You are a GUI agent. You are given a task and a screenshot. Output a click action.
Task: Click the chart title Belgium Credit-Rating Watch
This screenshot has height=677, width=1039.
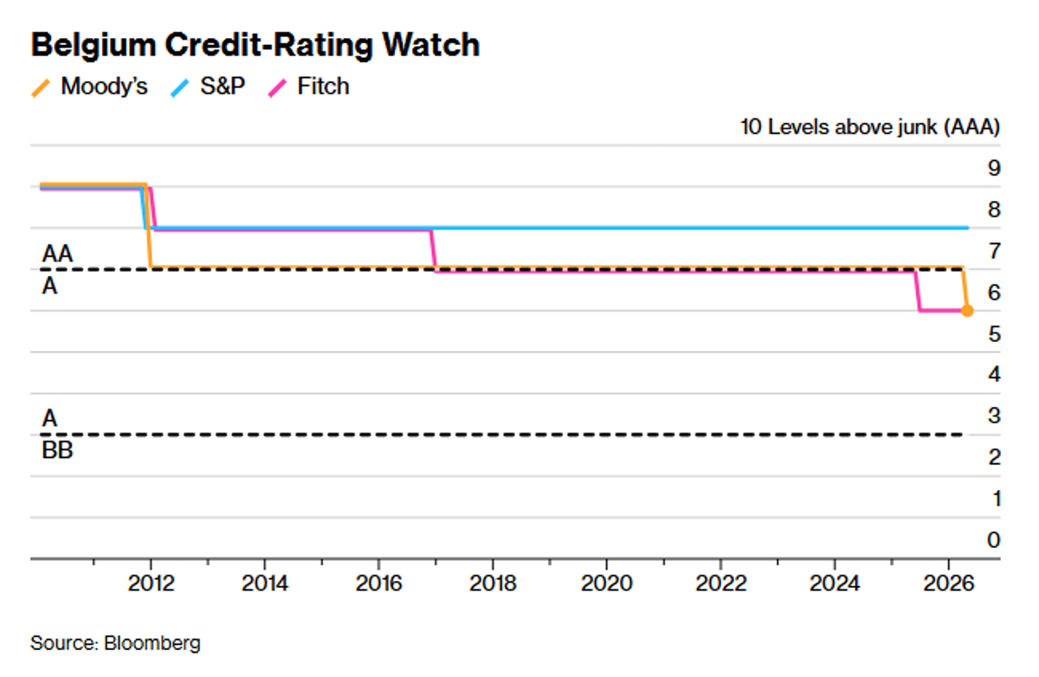point(255,45)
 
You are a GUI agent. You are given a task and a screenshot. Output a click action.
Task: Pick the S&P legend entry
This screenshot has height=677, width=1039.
point(210,87)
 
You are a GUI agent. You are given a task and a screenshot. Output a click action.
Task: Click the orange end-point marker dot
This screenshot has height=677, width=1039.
point(967,311)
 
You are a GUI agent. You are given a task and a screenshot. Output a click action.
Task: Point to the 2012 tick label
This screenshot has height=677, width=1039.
point(152,583)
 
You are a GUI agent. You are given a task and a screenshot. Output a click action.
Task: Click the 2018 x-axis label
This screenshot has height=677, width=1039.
point(493,583)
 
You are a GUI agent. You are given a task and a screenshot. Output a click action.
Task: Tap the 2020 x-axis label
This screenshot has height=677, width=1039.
point(606,583)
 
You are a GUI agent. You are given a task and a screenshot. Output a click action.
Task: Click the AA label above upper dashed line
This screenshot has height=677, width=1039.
point(57,255)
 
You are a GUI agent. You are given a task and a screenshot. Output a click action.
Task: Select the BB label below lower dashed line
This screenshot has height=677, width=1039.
point(57,450)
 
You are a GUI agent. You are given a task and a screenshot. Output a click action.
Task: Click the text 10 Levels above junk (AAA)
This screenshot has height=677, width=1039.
point(870,127)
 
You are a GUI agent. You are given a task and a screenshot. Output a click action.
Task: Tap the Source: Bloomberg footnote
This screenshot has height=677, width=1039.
point(115,644)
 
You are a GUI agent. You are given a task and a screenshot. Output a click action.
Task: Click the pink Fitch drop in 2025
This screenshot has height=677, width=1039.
point(917,291)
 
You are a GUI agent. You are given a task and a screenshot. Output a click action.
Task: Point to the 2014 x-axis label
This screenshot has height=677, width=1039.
point(265,583)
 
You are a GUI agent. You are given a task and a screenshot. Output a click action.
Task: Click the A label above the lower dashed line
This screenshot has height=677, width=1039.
point(50,418)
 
